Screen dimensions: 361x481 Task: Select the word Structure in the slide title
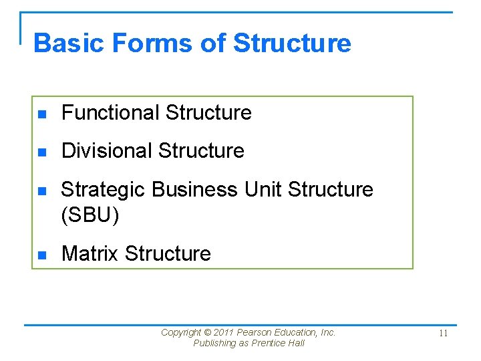[292, 43]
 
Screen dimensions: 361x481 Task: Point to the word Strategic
[104, 190]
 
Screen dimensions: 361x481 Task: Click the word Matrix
[90, 254]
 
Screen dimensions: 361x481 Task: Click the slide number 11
[444, 334]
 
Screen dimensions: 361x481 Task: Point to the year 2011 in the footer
[224, 332]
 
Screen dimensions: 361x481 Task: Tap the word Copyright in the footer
[181, 332]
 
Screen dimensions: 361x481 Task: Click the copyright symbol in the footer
[207, 332]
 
